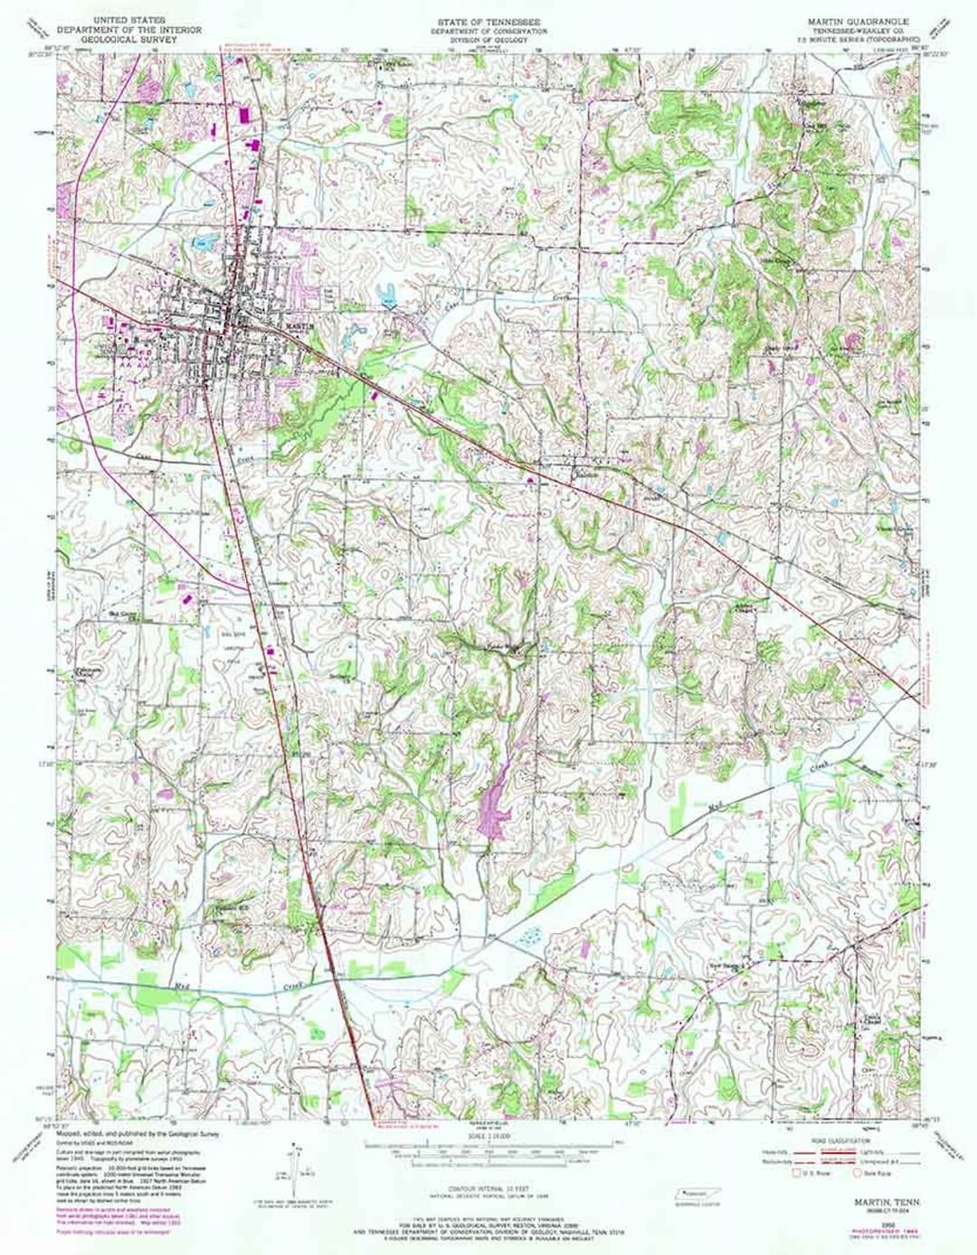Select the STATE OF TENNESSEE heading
pyautogui.click(x=488, y=19)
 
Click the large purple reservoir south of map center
pyautogui.click(x=493, y=797)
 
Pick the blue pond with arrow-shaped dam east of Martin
pyautogui.click(x=388, y=298)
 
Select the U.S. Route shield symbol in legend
pyautogui.click(x=798, y=1175)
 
